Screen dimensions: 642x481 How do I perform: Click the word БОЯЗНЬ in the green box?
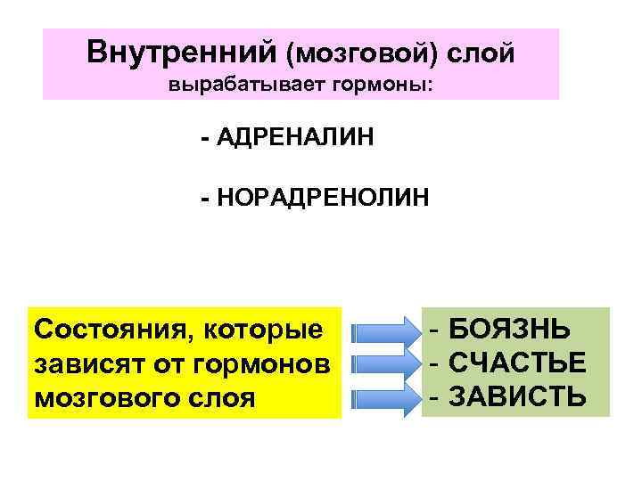[x=510, y=331]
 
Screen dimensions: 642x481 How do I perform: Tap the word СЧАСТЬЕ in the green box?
[x=518, y=363]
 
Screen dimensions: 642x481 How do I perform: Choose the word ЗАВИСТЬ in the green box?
[x=518, y=395]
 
